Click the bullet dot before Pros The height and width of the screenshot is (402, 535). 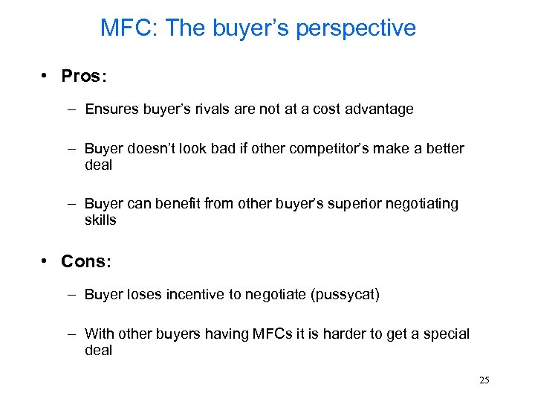46,77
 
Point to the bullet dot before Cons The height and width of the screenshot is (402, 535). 46,261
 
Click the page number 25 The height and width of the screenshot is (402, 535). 484,380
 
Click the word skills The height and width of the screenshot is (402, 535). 100,220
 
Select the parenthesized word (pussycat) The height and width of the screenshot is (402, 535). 346,296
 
